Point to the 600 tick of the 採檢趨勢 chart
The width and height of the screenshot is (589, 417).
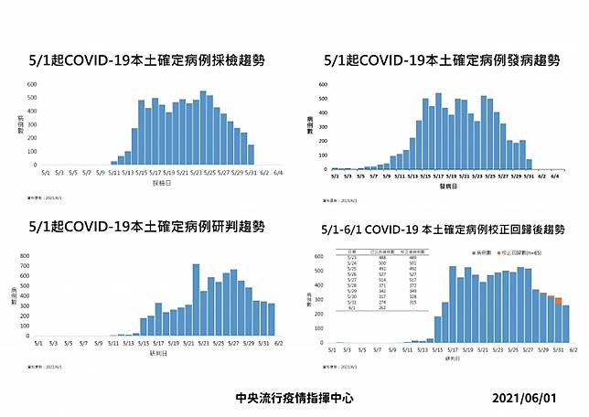click(x=32, y=85)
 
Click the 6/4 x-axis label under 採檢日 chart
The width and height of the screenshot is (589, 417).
click(x=277, y=171)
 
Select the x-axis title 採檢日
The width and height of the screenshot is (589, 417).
click(x=162, y=180)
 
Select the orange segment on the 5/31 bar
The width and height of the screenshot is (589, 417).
click(x=558, y=300)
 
